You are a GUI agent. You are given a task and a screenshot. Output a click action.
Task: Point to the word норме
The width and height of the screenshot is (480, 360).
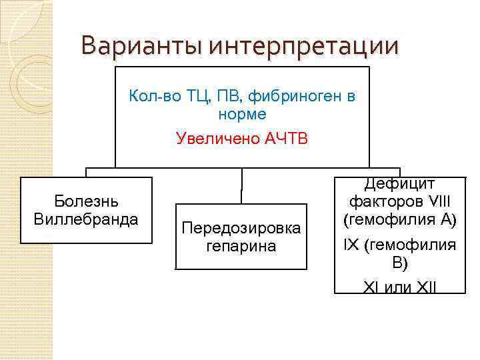coord(242,114)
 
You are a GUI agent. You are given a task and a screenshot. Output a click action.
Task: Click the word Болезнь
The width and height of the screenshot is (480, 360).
coord(86,201)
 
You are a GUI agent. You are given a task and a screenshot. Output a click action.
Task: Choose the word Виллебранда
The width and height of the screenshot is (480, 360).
coord(86,218)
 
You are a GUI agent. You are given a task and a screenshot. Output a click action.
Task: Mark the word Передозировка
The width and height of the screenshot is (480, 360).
coord(241,228)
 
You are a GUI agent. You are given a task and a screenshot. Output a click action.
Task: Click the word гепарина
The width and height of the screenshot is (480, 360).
coord(241,246)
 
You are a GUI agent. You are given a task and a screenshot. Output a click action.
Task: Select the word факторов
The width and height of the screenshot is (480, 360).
coord(380,201)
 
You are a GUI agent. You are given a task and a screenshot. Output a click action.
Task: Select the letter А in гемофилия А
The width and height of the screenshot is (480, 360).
coord(446,218)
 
